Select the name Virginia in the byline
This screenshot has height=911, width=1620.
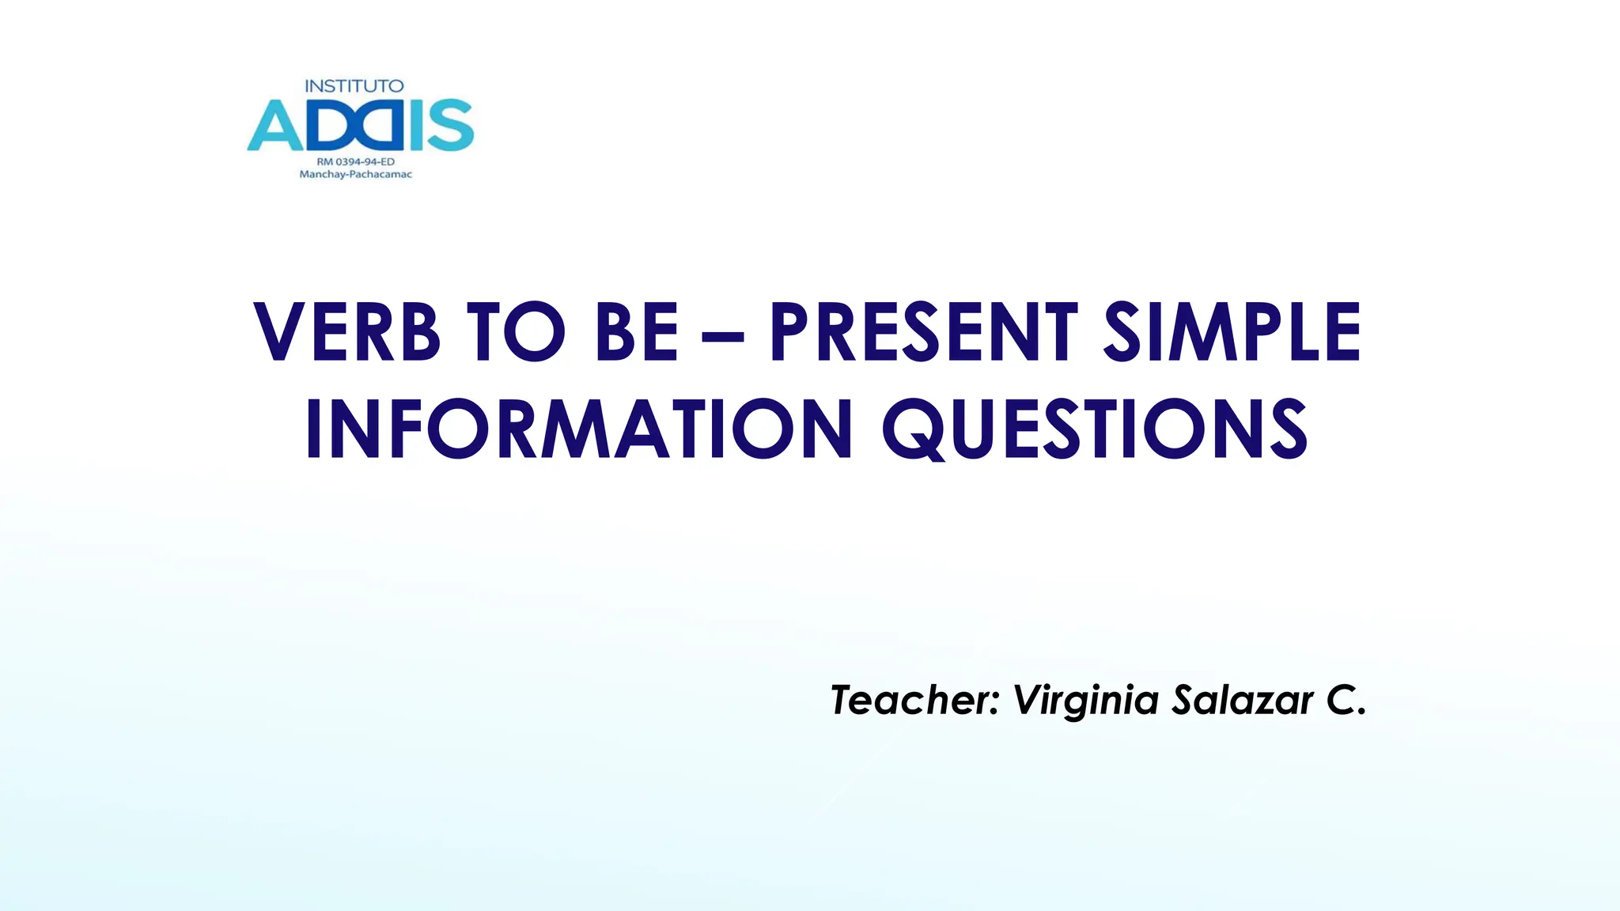[x=1085, y=701]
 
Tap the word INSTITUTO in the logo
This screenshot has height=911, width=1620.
[x=354, y=86]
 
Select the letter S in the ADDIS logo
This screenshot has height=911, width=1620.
[x=452, y=126]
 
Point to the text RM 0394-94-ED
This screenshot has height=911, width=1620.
[x=355, y=162]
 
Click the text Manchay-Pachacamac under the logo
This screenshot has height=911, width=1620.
[x=355, y=175]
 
